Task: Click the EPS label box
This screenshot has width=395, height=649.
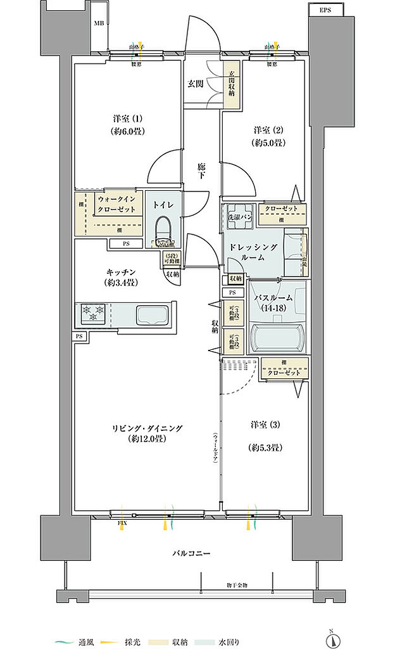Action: pyautogui.click(x=325, y=10)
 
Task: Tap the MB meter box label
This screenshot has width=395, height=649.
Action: pyautogui.click(x=99, y=24)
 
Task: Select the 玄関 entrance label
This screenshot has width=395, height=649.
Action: pyautogui.click(x=195, y=83)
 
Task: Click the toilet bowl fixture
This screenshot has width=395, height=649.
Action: pyautogui.click(x=164, y=232)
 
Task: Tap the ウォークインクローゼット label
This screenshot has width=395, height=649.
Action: pyautogui.click(x=118, y=204)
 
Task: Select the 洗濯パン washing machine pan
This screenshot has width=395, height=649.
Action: pyautogui.click(x=239, y=214)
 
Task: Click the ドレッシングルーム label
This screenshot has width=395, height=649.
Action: pyautogui.click(x=253, y=253)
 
